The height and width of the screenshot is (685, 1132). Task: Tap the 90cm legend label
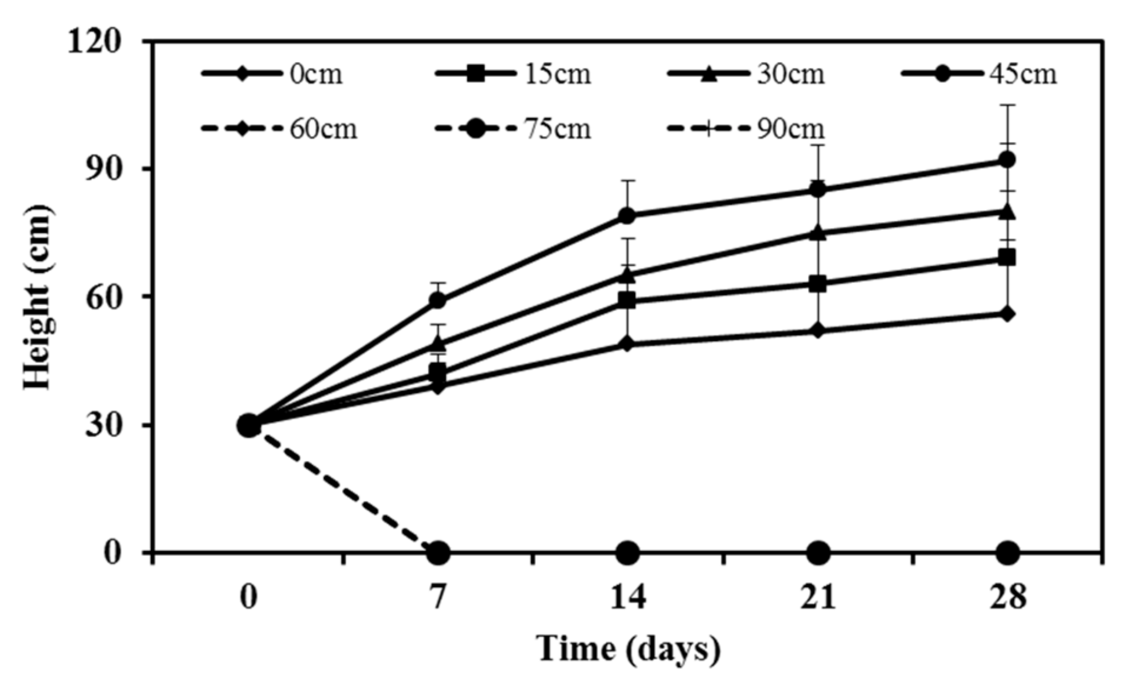click(x=790, y=128)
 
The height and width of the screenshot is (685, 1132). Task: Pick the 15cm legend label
click(x=557, y=74)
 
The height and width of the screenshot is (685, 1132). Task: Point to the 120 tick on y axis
click(x=94, y=41)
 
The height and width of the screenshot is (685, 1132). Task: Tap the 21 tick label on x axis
click(x=818, y=597)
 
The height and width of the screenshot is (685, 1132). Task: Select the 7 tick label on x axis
click(x=438, y=597)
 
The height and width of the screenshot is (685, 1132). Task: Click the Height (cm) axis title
click(x=38, y=297)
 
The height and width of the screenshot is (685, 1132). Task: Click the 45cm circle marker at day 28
click(x=1007, y=159)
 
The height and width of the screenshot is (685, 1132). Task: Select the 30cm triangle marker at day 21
click(x=818, y=233)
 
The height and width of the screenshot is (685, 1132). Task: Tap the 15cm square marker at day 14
click(x=628, y=301)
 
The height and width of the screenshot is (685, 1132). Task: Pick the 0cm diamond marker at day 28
click(x=1007, y=314)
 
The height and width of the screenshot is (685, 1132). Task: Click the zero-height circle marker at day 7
click(x=438, y=553)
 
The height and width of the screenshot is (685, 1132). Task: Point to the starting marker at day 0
click(x=248, y=425)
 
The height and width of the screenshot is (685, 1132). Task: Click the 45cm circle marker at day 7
click(x=438, y=301)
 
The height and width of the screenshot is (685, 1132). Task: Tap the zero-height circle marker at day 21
click(x=818, y=553)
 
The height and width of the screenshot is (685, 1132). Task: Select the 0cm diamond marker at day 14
click(x=628, y=344)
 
